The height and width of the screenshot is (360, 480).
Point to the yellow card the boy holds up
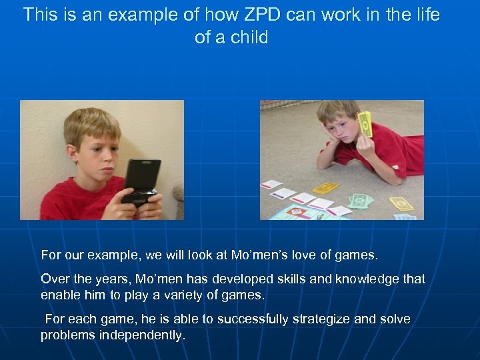tap(365, 125)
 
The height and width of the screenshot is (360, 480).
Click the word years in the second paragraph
tap(109, 279)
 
